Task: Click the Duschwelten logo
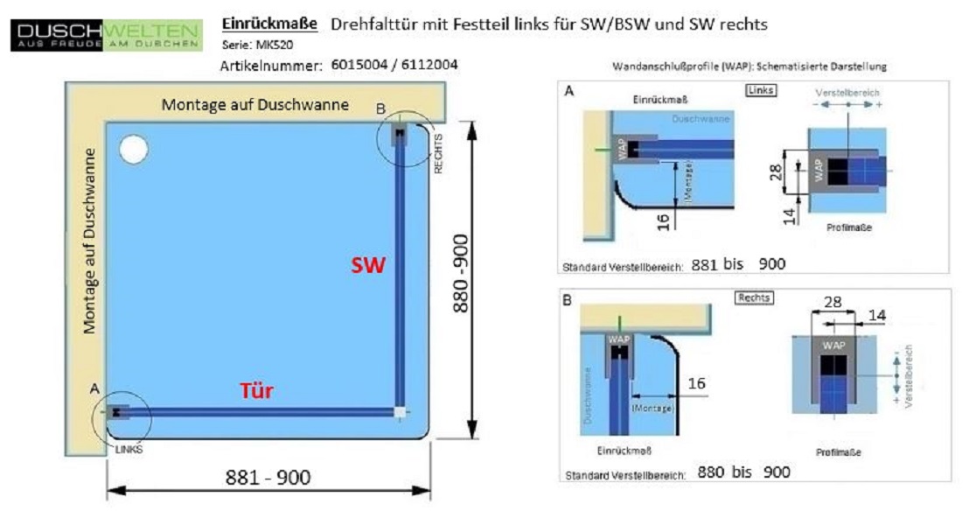coord(106,34)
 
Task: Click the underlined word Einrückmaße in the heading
coord(269,24)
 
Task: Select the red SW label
coord(368,266)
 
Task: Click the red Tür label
coord(256,392)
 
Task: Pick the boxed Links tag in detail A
coord(761,90)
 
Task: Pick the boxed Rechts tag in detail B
coord(753,297)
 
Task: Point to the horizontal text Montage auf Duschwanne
coord(255,105)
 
